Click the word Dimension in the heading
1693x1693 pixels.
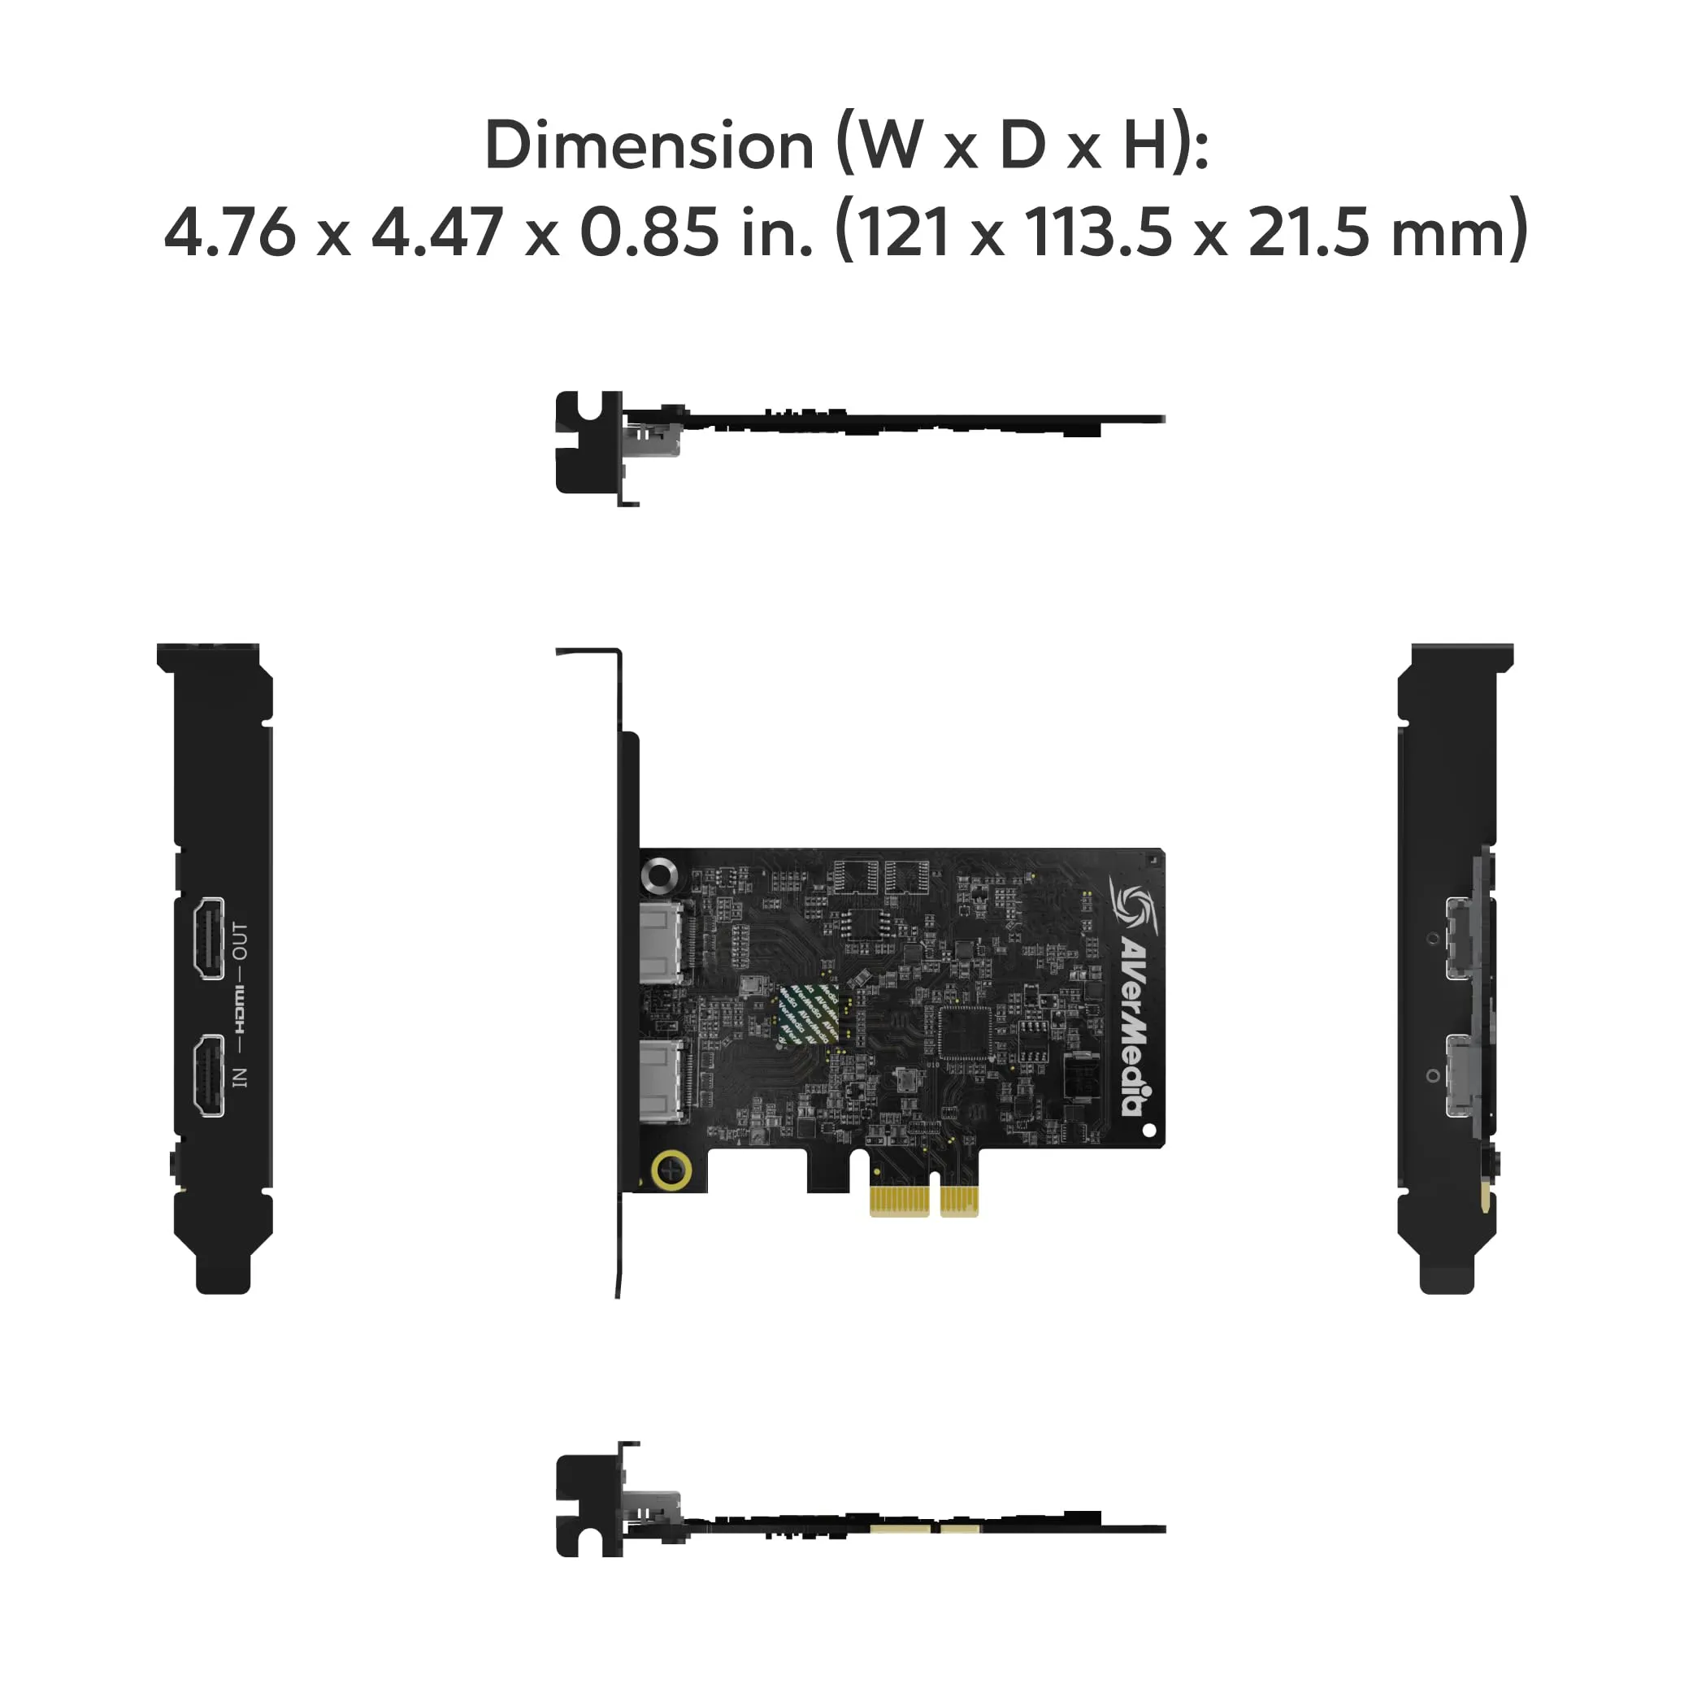click(x=649, y=145)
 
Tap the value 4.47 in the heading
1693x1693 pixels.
click(x=437, y=232)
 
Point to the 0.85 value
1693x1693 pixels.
click(x=649, y=232)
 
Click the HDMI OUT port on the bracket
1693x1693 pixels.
click(x=209, y=938)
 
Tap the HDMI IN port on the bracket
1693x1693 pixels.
click(x=209, y=1076)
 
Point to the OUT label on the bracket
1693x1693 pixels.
click(x=240, y=940)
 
